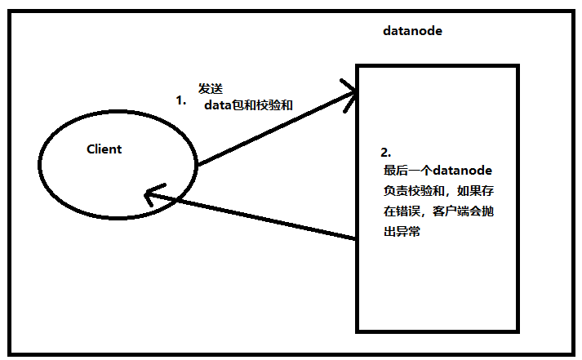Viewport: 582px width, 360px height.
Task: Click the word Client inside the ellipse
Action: [104, 149]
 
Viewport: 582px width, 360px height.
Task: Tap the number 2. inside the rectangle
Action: [386, 153]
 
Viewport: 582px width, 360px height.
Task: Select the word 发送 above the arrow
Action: [210, 88]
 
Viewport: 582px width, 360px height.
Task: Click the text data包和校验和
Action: [248, 105]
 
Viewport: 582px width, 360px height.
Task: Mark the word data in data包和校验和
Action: [218, 105]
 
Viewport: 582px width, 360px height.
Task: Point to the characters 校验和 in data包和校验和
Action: [274, 105]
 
